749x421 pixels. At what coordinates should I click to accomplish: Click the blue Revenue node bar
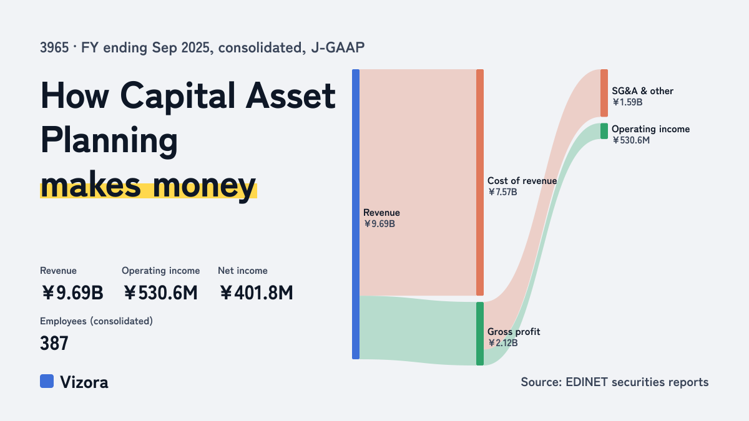[356, 214]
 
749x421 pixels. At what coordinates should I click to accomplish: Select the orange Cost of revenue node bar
[480, 182]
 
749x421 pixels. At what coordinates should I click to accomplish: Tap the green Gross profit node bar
[480, 334]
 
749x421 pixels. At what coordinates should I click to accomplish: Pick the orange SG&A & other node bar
[604, 93]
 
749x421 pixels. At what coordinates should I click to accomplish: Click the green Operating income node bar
[604, 131]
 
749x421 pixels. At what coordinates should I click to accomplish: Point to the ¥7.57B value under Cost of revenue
[502, 192]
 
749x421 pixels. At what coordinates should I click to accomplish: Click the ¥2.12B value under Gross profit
[502, 343]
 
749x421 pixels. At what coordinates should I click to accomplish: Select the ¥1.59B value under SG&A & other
[627, 102]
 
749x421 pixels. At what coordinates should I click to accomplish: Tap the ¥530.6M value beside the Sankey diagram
[631, 140]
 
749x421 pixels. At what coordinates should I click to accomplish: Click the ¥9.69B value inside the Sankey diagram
[379, 224]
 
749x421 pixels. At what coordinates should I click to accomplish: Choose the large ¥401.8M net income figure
[256, 293]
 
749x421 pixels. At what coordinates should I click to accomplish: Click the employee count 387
[54, 343]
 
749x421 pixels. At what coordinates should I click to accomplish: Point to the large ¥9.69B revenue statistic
[72, 293]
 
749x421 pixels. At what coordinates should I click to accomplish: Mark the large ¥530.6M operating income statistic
[160, 293]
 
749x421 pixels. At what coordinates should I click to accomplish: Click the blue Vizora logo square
[47, 381]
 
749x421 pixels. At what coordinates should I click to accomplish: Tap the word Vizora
[84, 382]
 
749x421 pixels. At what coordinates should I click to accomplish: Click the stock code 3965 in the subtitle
[54, 47]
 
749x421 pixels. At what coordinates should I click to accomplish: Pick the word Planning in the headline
[109, 141]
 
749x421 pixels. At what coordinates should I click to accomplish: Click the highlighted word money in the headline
[205, 185]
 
